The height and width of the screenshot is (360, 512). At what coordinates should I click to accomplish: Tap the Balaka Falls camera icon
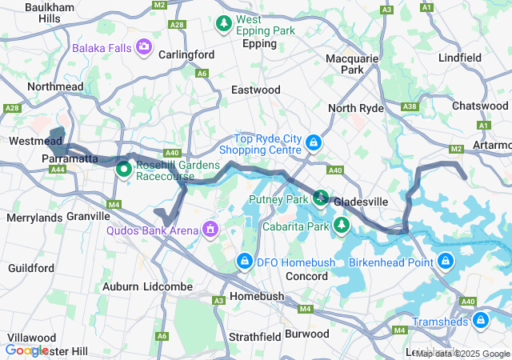click(x=144, y=47)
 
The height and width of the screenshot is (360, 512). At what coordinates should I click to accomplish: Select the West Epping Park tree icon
click(x=225, y=25)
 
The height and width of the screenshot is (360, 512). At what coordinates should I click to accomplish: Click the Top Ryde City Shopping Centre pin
click(x=314, y=143)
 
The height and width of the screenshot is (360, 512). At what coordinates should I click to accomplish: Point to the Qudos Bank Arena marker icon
click(x=210, y=230)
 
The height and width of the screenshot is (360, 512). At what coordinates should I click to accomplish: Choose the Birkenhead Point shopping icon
click(x=446, y=261)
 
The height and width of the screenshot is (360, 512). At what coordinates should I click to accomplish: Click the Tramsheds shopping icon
click(x=481, y=321)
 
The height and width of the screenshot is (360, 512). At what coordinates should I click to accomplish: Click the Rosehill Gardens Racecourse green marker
click(x=124, y=170)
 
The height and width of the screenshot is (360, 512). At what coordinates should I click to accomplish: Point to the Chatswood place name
click(x=479, y=106)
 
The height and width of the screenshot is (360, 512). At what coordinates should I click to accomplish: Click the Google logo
click(x=27, y=350)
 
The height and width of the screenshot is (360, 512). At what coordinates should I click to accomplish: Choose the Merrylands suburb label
click(x=34, y=218)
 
